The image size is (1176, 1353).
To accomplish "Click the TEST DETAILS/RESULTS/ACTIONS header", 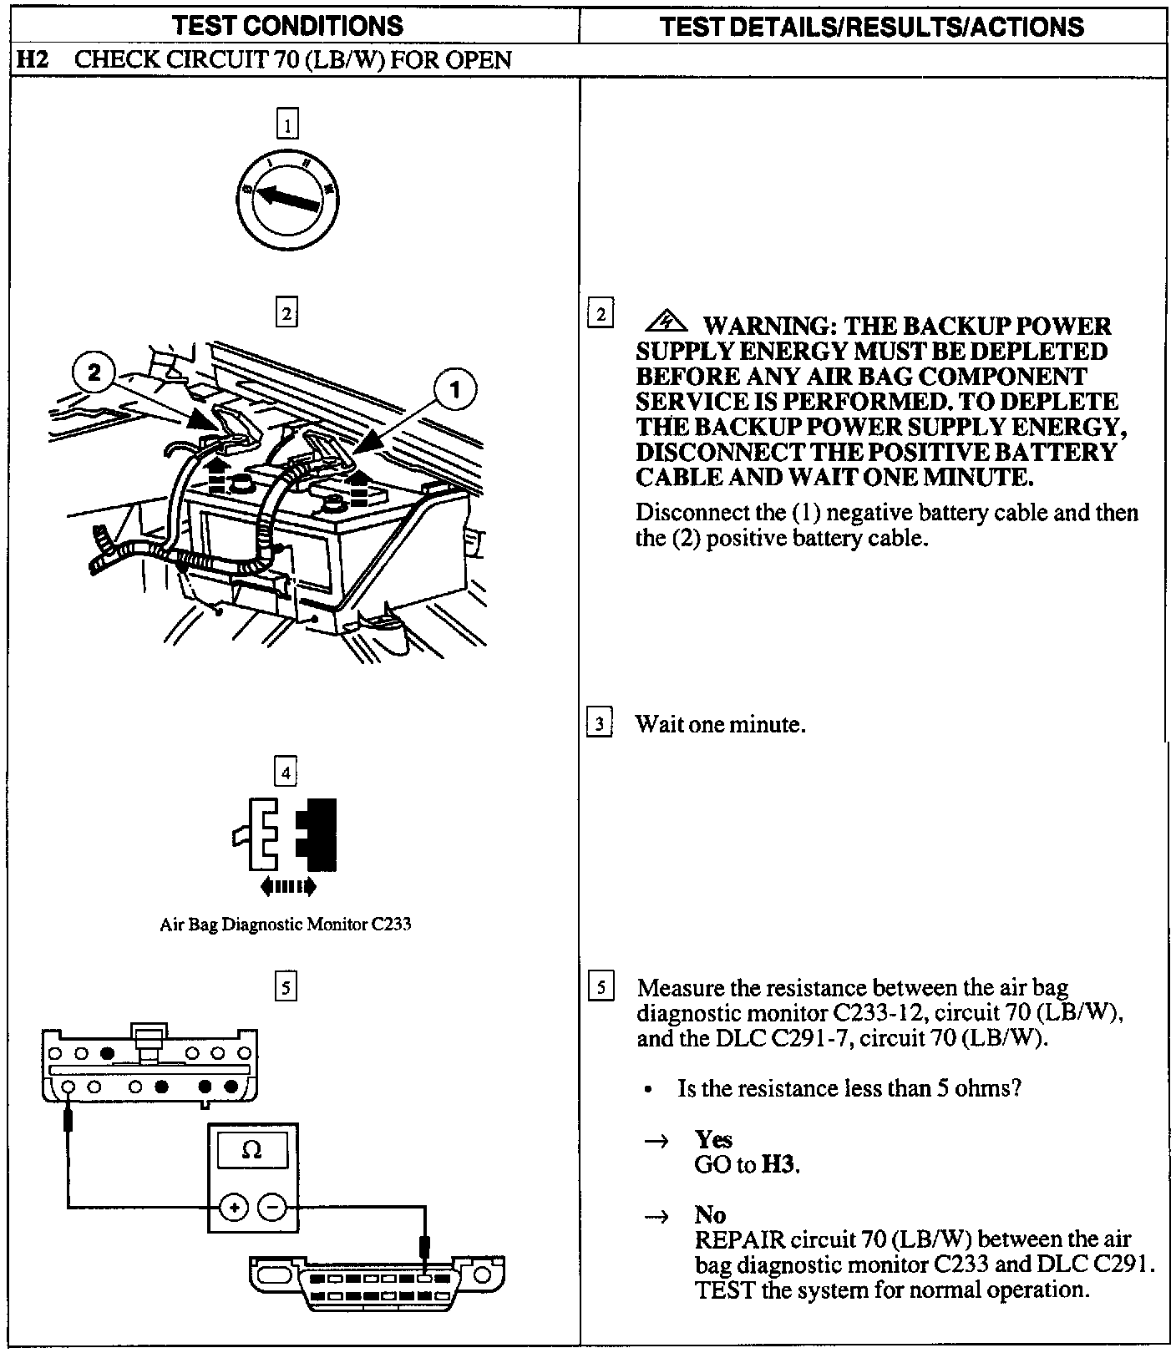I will [872, 27].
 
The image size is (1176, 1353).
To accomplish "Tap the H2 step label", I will [31, 60].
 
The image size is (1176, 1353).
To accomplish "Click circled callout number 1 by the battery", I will [455, 390].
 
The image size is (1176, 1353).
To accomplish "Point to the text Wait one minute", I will [720, 724].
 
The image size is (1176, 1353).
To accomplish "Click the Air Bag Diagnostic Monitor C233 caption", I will [286, 925].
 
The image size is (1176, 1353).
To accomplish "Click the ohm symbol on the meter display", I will [251, 1151].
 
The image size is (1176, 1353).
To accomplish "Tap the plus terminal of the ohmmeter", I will [234, 1207].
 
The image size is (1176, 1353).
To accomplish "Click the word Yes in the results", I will [713, 1139].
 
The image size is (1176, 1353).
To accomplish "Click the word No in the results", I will [710, 1214].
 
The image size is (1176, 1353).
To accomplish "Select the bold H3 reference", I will [778, 1164].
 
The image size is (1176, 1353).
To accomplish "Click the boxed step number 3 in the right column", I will [600, 723].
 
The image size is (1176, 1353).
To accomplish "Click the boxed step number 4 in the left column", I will [286, 773].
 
